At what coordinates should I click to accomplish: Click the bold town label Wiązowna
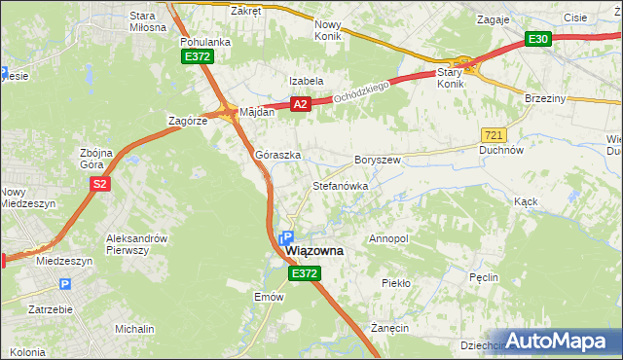(x=314, y=251)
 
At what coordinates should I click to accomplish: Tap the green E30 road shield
(x=538, y=39)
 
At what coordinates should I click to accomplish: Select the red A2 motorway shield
(x=300, y=104)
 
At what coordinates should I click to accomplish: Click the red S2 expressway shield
(x=98, y=184)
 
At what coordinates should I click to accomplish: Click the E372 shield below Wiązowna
(x=304, y=275)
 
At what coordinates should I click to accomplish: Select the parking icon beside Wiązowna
(x=286, y=237)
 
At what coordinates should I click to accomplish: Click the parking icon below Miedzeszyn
(x=65, y=284)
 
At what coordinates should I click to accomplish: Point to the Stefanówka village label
(x=339, y=185)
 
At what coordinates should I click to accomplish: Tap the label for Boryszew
(x=378, y=159)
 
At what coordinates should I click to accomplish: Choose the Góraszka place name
(x=277, y=155)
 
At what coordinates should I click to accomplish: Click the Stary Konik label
(x=450, y=78)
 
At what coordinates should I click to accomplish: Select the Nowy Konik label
(x=333, y=30)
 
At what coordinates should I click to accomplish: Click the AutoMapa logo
(x=558, y=341)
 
